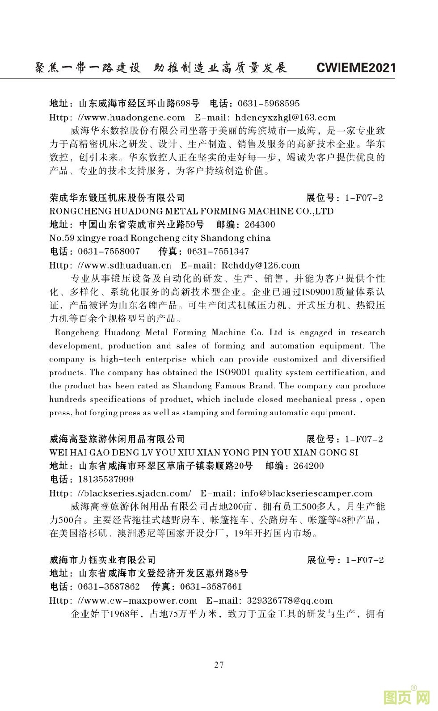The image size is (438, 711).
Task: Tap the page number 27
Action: click(219, 665)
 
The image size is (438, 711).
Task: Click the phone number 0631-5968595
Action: click(269, 104)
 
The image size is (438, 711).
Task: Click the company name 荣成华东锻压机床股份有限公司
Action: click(117, 198)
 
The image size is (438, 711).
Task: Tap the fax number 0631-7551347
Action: click(218, 251)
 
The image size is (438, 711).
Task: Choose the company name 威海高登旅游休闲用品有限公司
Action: click(117, 439)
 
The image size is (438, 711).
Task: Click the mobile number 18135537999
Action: click(106, 480)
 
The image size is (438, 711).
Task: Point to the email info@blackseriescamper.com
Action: click(307, 493)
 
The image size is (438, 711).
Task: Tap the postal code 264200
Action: click(308, 466)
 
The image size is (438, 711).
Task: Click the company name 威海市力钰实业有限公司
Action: click(102, 560)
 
